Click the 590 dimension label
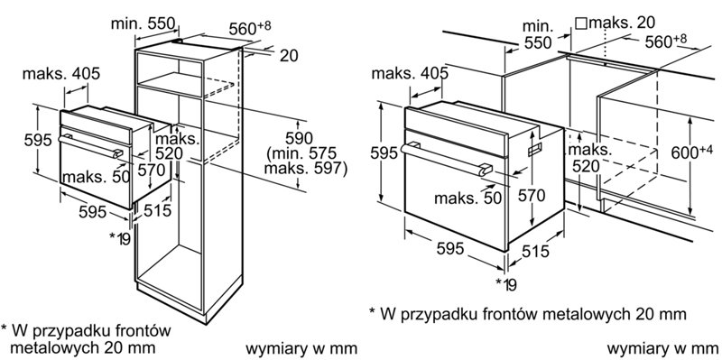coord(299,138)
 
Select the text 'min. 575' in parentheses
coord(306,152)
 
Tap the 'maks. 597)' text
coord(305,168)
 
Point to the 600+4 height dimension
coord(691,152)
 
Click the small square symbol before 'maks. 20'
coord(581,23)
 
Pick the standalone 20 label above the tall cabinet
coord(289,56)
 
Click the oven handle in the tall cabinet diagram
coord(91,146)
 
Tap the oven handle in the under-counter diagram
coord(446,160)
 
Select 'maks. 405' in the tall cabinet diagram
coord(60,73)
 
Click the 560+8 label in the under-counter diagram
coord(665,42)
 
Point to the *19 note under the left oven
coord(120,238)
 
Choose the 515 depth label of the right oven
coord(535,251)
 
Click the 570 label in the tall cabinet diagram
coord(152,170)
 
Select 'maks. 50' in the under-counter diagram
coord(467,198)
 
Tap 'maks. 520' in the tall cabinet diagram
coord(177,145)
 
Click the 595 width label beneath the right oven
coord(449,248)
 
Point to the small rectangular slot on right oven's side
coord(534,149)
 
